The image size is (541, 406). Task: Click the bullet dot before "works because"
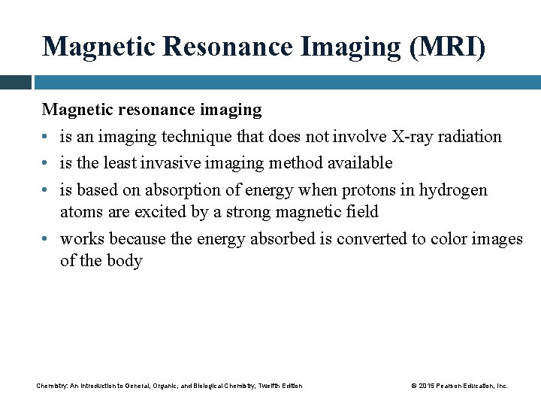46,240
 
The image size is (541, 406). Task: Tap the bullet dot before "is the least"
46,163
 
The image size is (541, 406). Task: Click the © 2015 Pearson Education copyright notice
459,386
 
